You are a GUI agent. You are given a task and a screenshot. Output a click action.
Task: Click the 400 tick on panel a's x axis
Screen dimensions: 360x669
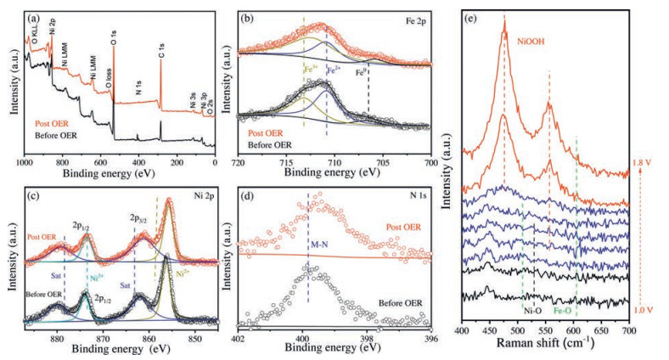[x=138, y=161]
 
